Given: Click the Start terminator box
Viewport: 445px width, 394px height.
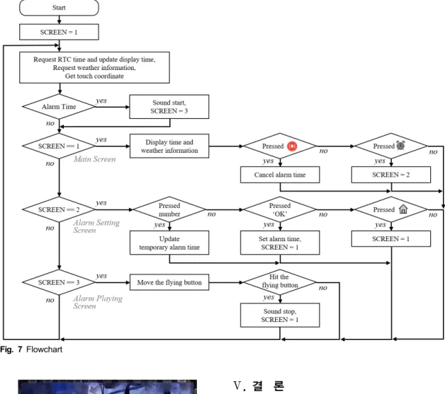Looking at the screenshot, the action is [59, 8].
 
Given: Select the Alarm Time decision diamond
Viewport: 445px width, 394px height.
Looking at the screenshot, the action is [59, 107].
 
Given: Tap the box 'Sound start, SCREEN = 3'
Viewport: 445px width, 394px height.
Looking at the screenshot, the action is [169, 107].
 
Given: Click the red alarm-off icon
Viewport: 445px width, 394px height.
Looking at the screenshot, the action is [292, 146].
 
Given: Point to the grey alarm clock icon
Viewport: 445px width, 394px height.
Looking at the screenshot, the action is [400, 145].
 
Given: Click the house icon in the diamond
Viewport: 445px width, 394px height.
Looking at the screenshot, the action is [403, 209].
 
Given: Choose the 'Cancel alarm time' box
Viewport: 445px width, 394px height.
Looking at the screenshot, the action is [280, 175].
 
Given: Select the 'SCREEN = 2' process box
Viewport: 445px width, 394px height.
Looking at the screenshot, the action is [391, 175].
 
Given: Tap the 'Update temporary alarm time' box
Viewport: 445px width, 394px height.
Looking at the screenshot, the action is [169, 243].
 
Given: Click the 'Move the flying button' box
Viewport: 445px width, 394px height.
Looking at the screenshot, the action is [169, 282].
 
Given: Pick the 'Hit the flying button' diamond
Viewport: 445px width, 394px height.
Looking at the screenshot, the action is [280, 282].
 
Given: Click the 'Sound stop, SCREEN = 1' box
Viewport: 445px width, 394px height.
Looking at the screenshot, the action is [280, 315].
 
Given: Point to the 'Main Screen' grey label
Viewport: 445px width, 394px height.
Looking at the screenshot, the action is [95, 159].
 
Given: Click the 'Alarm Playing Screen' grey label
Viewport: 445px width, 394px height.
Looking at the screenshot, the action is [98, 302].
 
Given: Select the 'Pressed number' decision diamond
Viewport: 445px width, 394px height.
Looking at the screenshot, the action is [169, 209].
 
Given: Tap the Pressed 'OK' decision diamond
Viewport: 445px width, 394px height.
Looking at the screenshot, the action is [280, 209].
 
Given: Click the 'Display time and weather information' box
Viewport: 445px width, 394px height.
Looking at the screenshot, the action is [169, 146].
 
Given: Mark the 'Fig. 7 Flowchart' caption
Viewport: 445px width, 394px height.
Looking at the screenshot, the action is [31, 349].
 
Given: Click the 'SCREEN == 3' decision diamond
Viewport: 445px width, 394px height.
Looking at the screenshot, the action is [59, 282].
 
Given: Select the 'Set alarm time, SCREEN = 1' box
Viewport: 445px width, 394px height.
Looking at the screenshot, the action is [280, 243].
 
